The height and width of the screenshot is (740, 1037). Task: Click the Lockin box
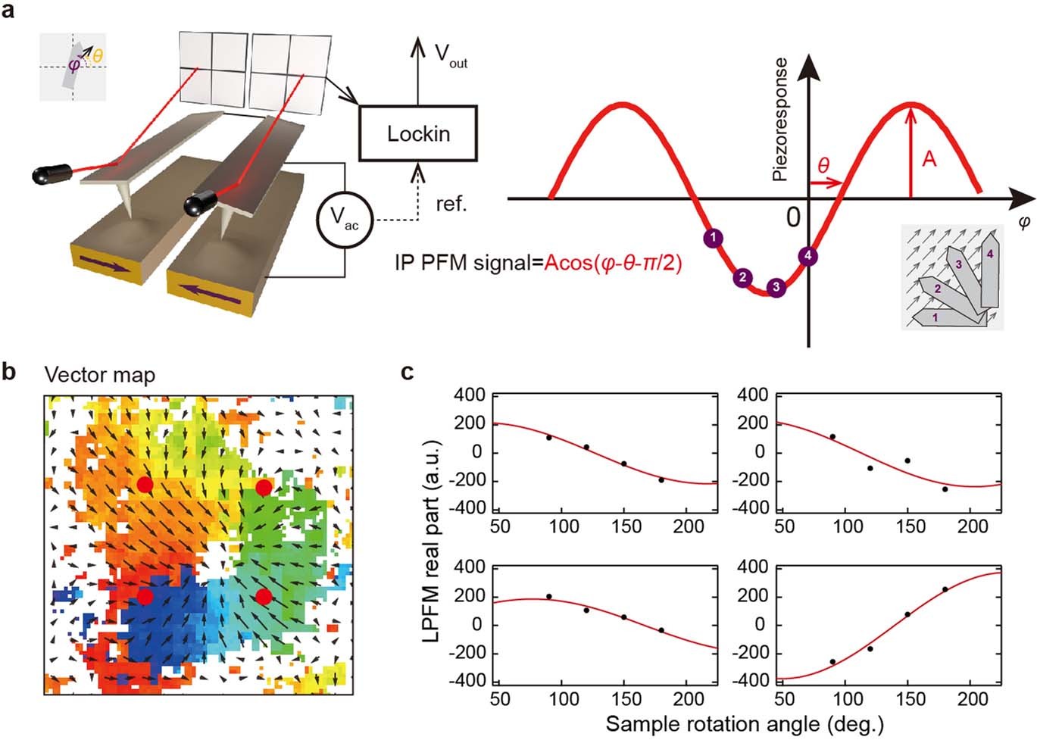click(x=417, y=133)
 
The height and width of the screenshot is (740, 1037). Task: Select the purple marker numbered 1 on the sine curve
click(x=712, y=238)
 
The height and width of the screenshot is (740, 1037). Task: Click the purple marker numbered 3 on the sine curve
click(x=775, y=287)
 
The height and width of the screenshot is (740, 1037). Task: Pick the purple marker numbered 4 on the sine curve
click(x=808, y=256)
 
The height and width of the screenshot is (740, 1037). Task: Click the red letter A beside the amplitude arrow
click(x=929, y=159)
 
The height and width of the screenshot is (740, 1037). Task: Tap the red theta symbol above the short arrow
click(x=823, y=165)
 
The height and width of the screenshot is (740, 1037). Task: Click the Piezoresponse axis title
click(x=779, y=120)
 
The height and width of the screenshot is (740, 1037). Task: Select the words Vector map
click(x=99, y=376)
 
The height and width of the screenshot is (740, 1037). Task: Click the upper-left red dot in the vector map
click(x=145, y=485)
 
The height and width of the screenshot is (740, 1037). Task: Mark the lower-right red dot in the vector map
click(x=264, y=597)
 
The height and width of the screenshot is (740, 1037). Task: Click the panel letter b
click(x=10, y=373)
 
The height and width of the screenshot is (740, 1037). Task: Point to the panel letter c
click(x=408, y=373)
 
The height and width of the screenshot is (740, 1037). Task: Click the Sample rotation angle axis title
click(x=744, y=723)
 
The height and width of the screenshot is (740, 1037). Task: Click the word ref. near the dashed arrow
click(x=451, y=205)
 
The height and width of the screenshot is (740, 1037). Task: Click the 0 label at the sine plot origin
click(x=792, y=217)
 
